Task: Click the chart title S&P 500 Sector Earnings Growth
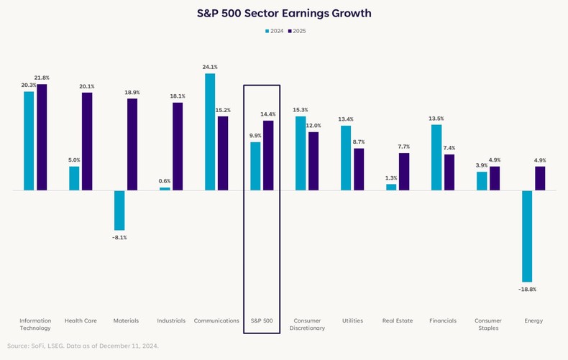pyautogui.click(x=284, y=14)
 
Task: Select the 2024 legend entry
pyautogui.click(x=275, y=31)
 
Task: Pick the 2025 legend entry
pyautogui.click(x=298, y=31)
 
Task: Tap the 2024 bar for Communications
pyautogui.click(x=210, y=132)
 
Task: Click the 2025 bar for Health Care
pyautogui.click(x=87, y=142)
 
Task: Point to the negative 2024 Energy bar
pyautogui.click(x=527, y=236)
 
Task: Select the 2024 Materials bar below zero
pyautogui.click(x=119, y=210)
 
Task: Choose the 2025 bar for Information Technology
pyautogui.click(x=42, y=137)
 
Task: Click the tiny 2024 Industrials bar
pyautogui.click(x=165, y=189)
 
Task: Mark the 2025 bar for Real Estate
pyautogui.click(x=404, y=172)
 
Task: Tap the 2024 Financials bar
pyautogui.click(x=436, y=157)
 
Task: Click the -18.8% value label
pyautogui.click(x=527, y=289)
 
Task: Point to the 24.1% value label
pyautogui.click(x=210, y=67)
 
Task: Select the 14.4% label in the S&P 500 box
pyautogui.click(x=268, y=114)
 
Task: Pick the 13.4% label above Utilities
pyautogui.click(x=346, y=119)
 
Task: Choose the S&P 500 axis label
pyautogui.click(x=262, y=320)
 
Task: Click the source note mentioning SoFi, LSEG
pyautogui.click(x=83, y=346)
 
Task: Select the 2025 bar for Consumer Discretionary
pyautogui.click(x=313, y=161)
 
